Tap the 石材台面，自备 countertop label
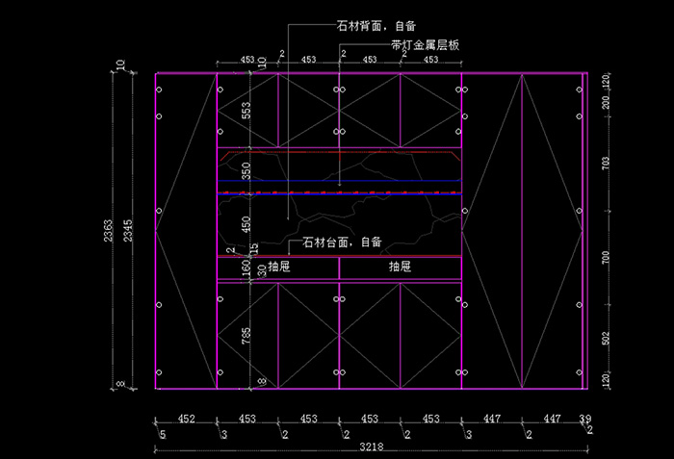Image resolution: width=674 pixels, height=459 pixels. tap(342, 242)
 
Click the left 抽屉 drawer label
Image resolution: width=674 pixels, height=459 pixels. tap(279, 267)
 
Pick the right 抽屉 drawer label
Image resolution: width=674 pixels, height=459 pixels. tap(401, 267)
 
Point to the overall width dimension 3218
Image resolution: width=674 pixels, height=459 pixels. tap(369, 447)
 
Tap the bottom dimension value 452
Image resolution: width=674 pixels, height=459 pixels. tap(186, 420)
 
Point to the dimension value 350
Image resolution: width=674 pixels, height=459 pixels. tap(246, 171)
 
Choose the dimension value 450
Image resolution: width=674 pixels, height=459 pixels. tap(246, 225)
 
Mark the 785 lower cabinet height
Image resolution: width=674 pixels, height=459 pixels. tap(246, 335)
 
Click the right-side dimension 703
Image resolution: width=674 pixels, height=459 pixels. tap(606, 163)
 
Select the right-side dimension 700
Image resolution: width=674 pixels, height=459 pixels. tap(606, 257)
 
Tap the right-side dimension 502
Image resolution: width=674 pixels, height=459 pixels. tap(606, 340)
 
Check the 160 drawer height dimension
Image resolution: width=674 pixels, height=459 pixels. tap(246, 268)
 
